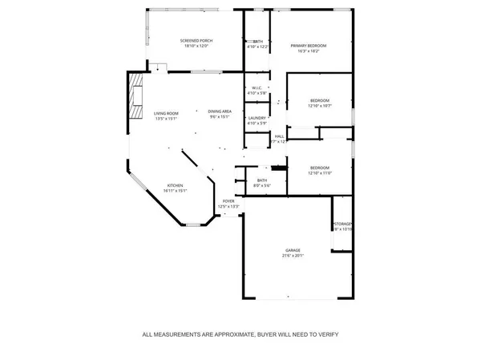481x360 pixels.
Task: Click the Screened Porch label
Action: point(195,40)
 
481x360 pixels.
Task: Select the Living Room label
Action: point(166,112)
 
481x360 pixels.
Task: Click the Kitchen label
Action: point(175,185)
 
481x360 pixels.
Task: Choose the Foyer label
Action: point(228,201)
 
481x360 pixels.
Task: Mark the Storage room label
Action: point(343,224)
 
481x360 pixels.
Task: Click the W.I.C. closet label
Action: point(257,88)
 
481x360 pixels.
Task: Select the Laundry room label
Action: point(257,118)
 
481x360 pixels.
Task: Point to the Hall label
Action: point(280,136)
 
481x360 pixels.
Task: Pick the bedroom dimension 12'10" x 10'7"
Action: point(320,106)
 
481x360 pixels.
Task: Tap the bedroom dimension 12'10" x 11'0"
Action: point(320,173)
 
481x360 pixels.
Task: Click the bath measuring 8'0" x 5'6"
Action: point(262,185)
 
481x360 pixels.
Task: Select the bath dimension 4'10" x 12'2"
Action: point(257,47)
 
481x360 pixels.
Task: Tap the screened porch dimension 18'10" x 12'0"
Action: point(195,46)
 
